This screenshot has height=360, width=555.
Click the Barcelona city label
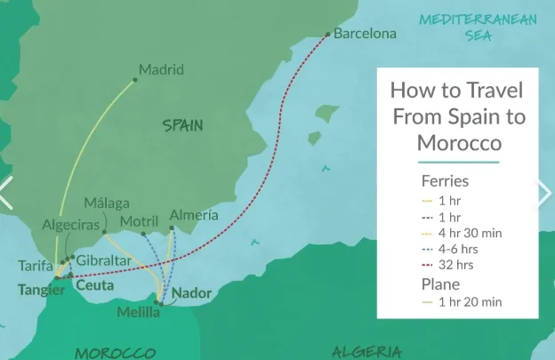coord(365,34)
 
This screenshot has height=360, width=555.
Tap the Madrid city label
coord(162,69)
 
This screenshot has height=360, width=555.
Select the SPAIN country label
coord(183,126)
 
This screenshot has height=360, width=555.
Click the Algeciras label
coord(71,226)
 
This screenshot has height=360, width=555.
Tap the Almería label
coord(193,215)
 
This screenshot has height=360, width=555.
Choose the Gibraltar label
coord(104,260)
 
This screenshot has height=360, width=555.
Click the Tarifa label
coord(36,266)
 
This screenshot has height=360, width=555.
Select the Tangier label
coord(41,289)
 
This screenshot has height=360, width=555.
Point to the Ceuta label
coord(94,285)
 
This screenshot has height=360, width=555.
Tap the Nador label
coord(192,292)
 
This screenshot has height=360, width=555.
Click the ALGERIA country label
coord(366,352)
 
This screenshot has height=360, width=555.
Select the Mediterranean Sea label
coord(478,27)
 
